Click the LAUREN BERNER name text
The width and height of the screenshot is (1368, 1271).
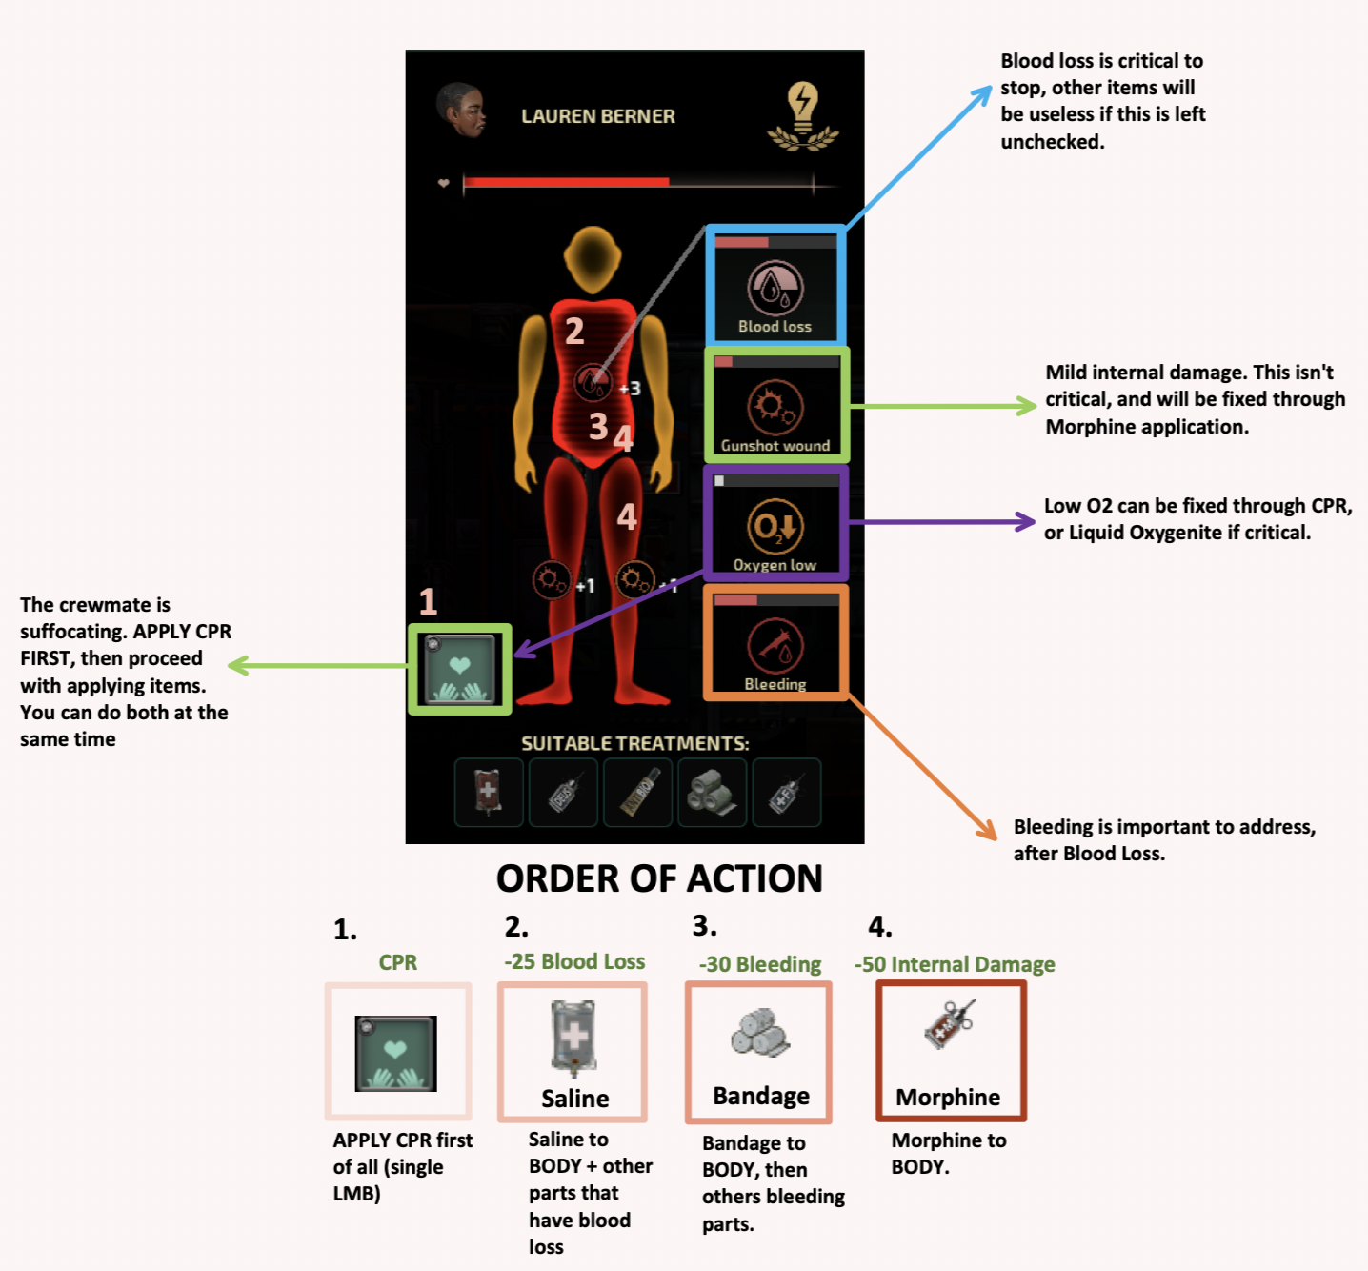pos(597,116)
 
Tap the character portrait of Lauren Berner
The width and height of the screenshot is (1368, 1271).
pos(462,111)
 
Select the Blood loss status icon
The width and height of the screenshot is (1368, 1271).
pos(775,289)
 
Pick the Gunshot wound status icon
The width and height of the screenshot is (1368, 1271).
pos(775,408)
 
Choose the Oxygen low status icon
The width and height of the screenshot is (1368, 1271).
pos(775,526)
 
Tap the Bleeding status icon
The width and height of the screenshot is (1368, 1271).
pos(775,646)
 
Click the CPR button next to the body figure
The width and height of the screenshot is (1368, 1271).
pos(460,669)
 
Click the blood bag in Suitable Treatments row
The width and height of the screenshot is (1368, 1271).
pos(488,792)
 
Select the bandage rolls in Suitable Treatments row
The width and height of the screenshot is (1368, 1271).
pos(713,792)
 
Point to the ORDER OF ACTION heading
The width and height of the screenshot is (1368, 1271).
pos(659,878)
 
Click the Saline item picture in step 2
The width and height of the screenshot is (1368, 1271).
pos(573,1038)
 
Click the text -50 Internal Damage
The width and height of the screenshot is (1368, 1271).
pos(955,964)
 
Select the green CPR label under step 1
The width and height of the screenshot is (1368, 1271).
pos(398,962)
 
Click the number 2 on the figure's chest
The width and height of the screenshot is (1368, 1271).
pos(574,332)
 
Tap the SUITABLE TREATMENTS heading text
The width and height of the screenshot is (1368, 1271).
pos(634,743)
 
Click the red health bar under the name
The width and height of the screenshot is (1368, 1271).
pos(566,182)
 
